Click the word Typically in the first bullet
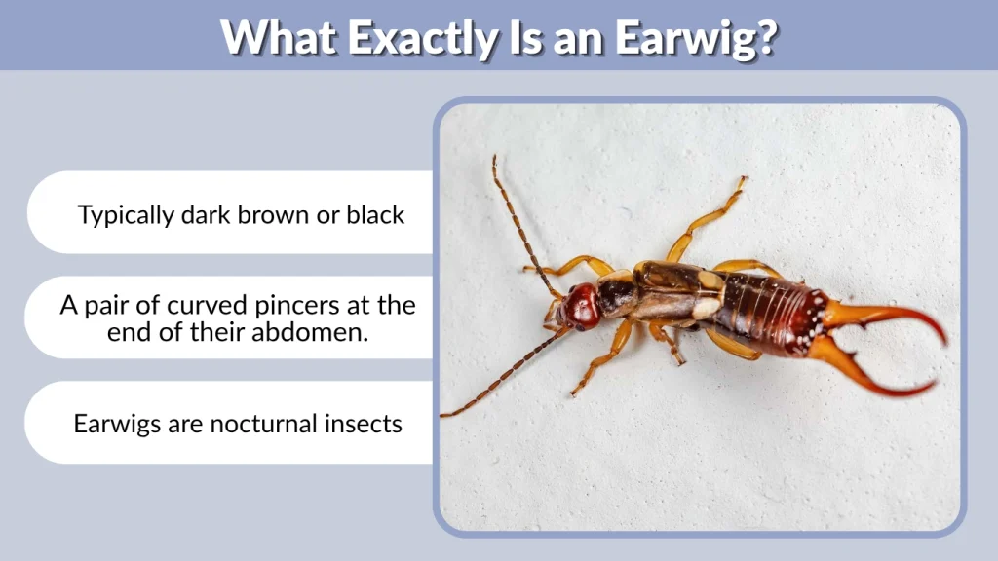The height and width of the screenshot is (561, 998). (x=126, y=215)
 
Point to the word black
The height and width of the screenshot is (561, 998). (x=375, y=215)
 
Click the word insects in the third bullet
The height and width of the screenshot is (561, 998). (x=362, y=424)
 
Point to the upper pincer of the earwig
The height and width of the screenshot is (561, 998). (x=897, y=318)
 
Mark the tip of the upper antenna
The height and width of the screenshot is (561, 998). (x=494, y=158)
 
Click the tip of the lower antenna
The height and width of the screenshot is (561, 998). (x=443, y=415)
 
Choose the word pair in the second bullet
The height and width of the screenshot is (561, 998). (x=106, y=305)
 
